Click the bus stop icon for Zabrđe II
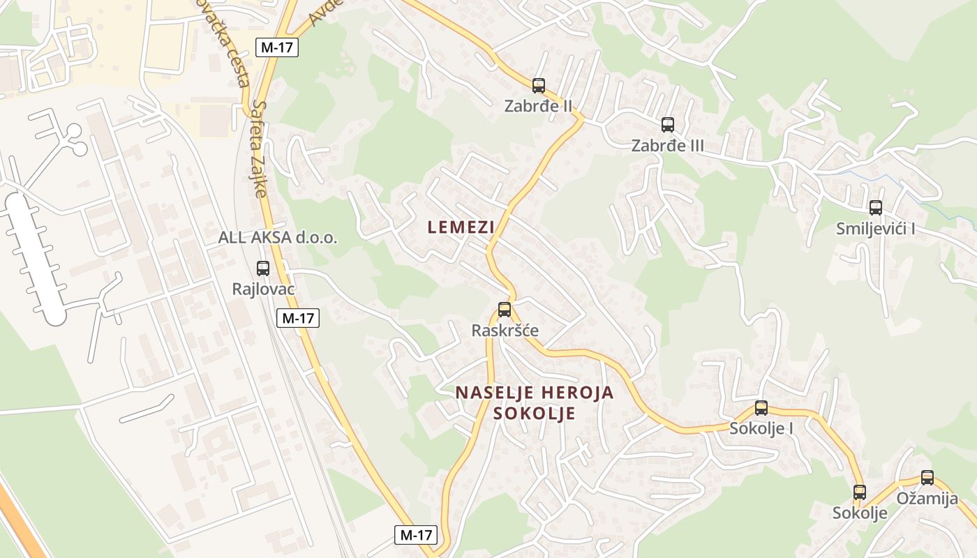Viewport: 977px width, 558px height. pyautogui.click(x=538, y=86)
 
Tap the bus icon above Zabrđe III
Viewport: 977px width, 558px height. pyautogui.click(x=668, y=125)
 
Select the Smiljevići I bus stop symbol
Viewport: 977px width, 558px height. pyautogui.click(x=875, y=207)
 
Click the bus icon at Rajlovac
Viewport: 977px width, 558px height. pyautogui.click(x=263, y=268)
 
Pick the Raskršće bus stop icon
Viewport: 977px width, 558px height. pyautogui.click(x=505, y=310)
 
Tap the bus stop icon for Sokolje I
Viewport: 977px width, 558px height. pyautogui.click(x=761, y=408)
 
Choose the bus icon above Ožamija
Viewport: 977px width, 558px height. pyautogui.click(x=927, y=478)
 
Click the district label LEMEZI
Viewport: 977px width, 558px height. pyautogui.click(x=461, y=227)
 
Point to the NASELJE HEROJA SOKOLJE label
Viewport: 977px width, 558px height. pyautogui.click(x=535, y=402)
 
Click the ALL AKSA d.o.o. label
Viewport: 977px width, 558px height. pyautogui.click(x=278, y=237)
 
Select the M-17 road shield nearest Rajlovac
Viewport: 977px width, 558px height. pyautogui.click(x=298, y=319)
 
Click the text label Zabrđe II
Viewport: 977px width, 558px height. pyautogui.click(x=538, y=107)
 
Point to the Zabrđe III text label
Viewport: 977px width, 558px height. pyautogui.click(x=667, y=146)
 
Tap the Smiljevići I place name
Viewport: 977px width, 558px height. pyautogui.click(x=875, y=228)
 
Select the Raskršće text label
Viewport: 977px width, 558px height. pyautogui.click(x=505, y=330)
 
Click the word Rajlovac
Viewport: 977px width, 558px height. pyautogui.click(x=263, y=289)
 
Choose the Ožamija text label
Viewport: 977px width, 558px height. pyautogui.click(x=927, y=498)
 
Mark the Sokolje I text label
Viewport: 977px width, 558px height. pyautogui.click(x=761, y=428)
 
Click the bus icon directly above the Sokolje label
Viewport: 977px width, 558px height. pyautogui.click(x=860, y=492)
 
